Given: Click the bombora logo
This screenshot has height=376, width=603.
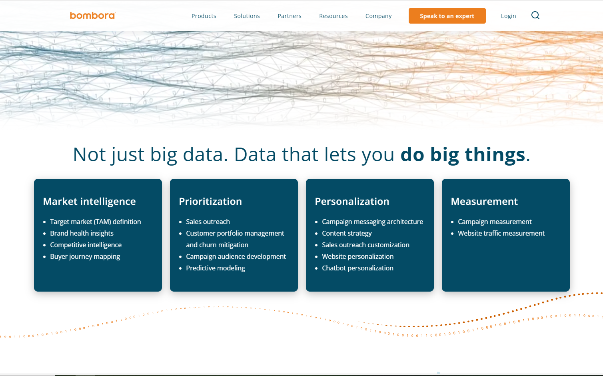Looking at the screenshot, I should pyautogui.click(x=92, y=16).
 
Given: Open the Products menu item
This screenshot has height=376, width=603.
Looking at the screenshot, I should pyautogui.click(x=204, y=16).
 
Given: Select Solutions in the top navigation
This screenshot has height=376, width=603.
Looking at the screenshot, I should pyautogui.click(x=247, y=16).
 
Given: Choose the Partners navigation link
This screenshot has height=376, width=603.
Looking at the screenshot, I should pyautogui.click(x=290, y=16).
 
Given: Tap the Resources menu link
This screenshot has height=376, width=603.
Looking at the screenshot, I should pyautogui.click(x=333, y=16).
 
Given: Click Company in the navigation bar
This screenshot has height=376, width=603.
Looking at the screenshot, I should pyautogui.click(x=378, y=16).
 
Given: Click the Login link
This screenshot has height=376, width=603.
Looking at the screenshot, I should pyautogui.click(x=508, y=16).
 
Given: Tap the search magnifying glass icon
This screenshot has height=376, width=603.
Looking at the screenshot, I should pyautogui.click(x=535, y=16).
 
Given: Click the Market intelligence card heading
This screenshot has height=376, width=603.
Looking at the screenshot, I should pyautogui.click(x=89, y=201).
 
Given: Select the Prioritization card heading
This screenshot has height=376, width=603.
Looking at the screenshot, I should pyautogui.click(x=210, y=201).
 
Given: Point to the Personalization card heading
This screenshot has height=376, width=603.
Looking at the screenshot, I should pyautogui.click(x=352, y=201).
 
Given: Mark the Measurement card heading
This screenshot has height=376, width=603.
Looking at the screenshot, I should pyautogui.click(x=484, y=201).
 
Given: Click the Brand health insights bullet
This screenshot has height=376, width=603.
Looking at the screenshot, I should pyautogui.click(x=82, y=233).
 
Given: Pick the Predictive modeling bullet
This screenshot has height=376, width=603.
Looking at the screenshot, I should pyautogui.click(x=215, y=268).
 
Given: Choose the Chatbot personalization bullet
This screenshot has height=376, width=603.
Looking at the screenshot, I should pyautogui.click(x=357, y=268).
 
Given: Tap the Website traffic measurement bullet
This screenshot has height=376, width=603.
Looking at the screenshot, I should pyautogui.click(x=501, y=233).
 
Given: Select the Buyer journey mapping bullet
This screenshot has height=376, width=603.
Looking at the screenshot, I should pyautogui.click(x=85, y=256).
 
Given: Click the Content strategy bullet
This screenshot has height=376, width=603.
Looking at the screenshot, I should pyautogui.click(x=347, y=233).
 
